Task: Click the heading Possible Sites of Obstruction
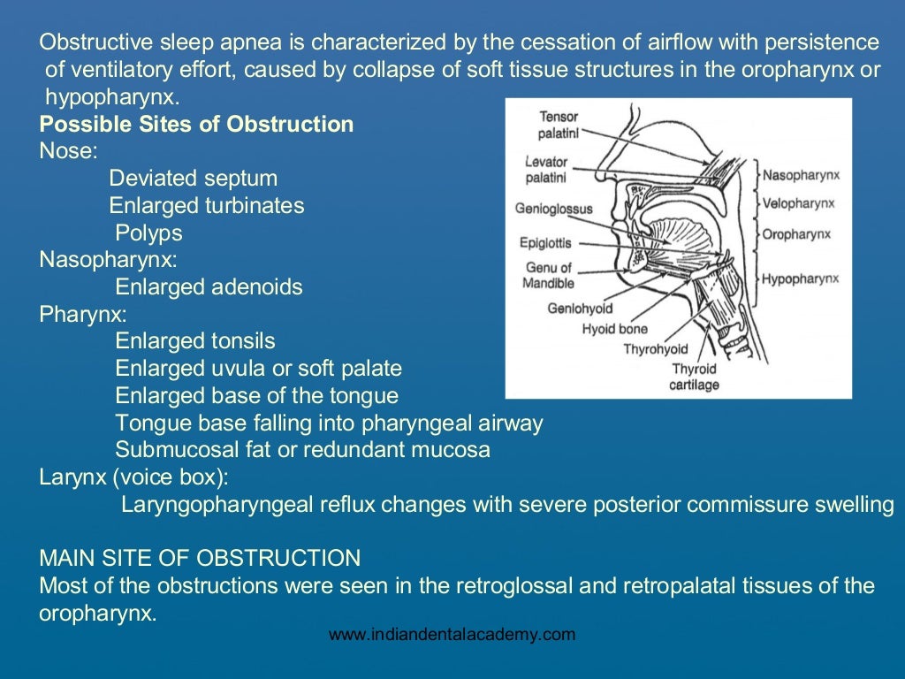click(196, 124)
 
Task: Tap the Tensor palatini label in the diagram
click(559, 125)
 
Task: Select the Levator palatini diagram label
click(546, 171)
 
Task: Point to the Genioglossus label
click(553, 210)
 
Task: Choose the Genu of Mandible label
click(549, 275)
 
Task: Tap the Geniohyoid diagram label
click(579, 309)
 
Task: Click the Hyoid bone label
click(614, 329)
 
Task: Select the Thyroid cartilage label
click(695, 377)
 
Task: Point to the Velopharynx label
click(798, 203)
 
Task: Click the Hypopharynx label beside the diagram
click(800, 278)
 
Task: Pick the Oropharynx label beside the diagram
click(796, 235)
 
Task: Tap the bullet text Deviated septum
click(193, 179)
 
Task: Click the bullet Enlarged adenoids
click(209, 287)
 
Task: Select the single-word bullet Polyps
click(148, 233)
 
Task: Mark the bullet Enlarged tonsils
click(195, 341)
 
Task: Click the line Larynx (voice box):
click(133, 477)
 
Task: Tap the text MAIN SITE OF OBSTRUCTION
click(200, 559)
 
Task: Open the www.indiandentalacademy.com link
click(452, 634)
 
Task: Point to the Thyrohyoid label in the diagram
click(656, 349)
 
